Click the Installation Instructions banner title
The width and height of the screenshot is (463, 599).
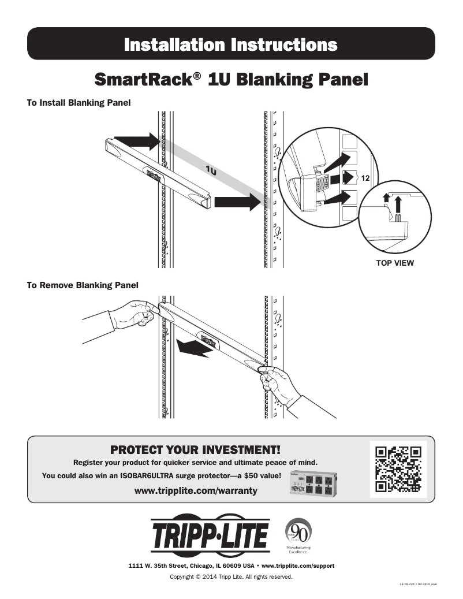tap(231, 44)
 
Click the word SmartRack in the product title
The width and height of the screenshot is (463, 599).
tap(141, 79)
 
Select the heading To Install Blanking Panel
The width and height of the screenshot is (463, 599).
tap(79, 103)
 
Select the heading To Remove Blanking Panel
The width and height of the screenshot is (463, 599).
tap(83, 285)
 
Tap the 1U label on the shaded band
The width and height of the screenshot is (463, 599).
tap(211, 170)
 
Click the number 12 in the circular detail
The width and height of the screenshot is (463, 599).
tap(365, 180)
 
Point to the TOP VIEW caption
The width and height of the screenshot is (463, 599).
tap(395, 263)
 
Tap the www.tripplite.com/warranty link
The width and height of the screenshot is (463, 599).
tap(195, 490)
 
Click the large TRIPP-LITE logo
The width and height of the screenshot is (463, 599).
tap(210, 535)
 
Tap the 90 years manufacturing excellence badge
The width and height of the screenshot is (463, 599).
tap(298, 535)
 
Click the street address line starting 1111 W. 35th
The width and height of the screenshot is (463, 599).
tap(231, 565)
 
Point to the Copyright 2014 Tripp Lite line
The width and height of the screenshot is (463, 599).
tap(231, 576)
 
